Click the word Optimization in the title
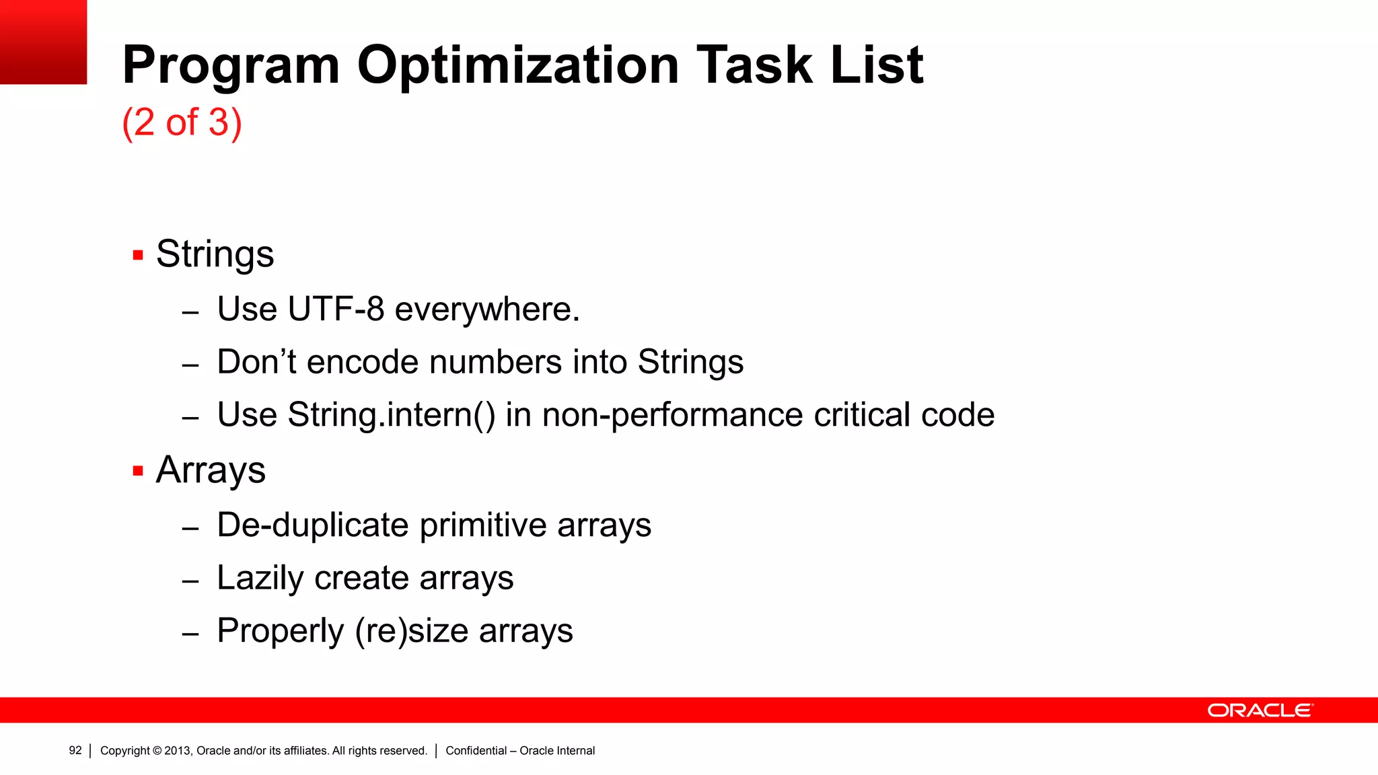coord(518,65)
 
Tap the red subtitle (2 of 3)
coord(182,122)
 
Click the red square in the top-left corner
coord(43,42)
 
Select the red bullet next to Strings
coord(138,256)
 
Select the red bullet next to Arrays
coord(138,471)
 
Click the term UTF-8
coord(336,309)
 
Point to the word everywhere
coord(486,309)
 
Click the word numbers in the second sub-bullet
coord(495,362)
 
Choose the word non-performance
coord(672,415)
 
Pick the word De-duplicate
coord(312,525)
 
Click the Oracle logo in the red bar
coord(1259,710)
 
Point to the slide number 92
coord(75,750)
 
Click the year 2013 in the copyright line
coord(178,751)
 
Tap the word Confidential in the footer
coord(476,751)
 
